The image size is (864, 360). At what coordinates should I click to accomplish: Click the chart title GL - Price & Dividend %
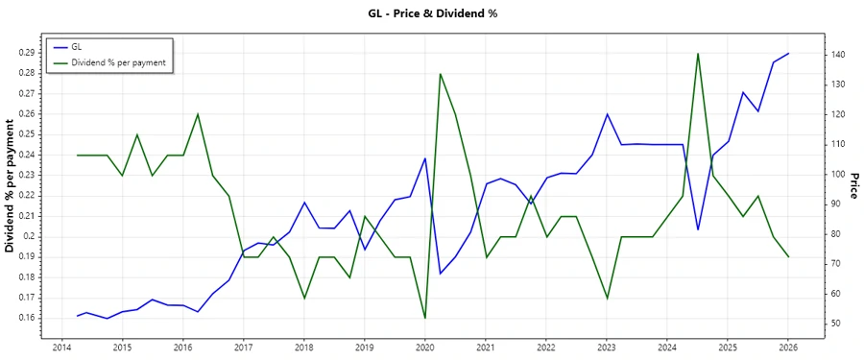pyautogui.click(x=432, y=13)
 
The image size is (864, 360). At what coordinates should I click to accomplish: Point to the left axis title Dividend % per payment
pyautogui.click(x=11, y=186)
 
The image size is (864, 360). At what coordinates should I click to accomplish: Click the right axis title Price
pyautogui.click(x=853, y=186)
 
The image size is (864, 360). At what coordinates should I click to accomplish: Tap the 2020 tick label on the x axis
pyautogui.click(x=425, y=348)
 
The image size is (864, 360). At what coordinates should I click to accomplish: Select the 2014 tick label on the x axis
pyautogui.click(x=61, y=348)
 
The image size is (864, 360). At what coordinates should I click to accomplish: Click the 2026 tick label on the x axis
pyautogui.click(x=789, y=348)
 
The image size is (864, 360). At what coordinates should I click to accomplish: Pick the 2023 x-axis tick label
pyautogui.click(x=607, y=348)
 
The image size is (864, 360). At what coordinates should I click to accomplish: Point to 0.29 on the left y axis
pyautogui.click(x=27, y=52)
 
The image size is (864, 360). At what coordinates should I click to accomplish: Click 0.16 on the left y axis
pyautogui.click(x=27, y=318)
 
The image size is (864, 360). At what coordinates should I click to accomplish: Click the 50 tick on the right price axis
pyautogui.click(x=834, y=324)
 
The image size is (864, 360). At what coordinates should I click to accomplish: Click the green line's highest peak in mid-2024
pyautogui.click(x=698, y=54)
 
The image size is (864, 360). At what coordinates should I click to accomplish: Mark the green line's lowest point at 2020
pyautogui.click(x=425, y=318)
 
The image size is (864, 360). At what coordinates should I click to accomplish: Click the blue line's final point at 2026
pyautogui.click(x=789, y=54)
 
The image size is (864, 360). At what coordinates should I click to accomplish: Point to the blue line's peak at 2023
pyautogui.click(x=607, y=114)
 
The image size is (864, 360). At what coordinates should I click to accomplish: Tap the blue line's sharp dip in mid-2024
pyautogui.click(x=698, y=229)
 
